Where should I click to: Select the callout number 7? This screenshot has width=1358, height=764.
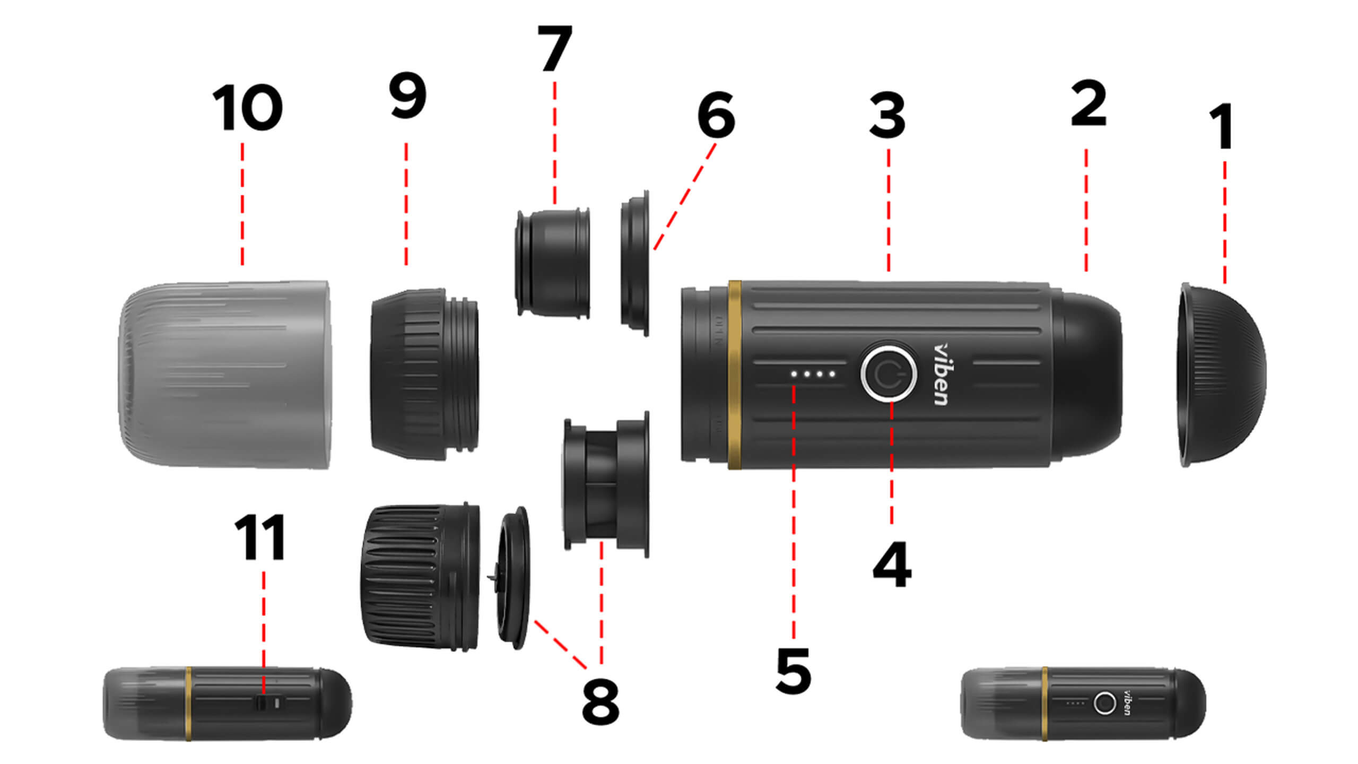click(554, 48)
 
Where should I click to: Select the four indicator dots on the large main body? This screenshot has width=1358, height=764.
click(813, 374)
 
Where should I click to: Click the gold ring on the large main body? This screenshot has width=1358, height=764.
click(735, 375)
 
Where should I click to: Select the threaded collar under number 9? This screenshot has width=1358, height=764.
click(424, 374)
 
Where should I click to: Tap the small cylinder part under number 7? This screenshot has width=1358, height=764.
click(553, 263)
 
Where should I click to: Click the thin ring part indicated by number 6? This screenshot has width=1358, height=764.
click(635, 263)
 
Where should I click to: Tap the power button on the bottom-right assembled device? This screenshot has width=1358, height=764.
click(1105, 704)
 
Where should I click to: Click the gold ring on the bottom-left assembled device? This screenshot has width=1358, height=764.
click(188, 704)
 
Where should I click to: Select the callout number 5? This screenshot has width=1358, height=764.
click(793, 671)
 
